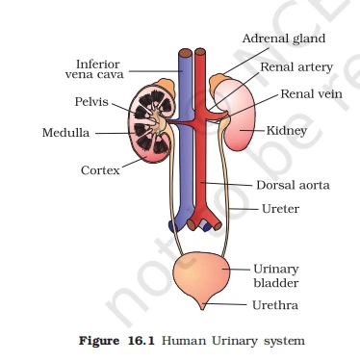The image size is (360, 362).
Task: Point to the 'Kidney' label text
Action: tap(287, 128)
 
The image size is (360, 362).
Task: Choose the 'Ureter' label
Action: tap(281, 208)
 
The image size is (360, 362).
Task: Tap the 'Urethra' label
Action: tap(274, 305)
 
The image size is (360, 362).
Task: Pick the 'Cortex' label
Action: tap(100, 170)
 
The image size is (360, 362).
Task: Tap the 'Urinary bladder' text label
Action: tap(276, 276)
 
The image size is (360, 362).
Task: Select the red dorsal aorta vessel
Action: tap(202, 164)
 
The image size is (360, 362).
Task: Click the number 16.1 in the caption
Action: tap(142, 339)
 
